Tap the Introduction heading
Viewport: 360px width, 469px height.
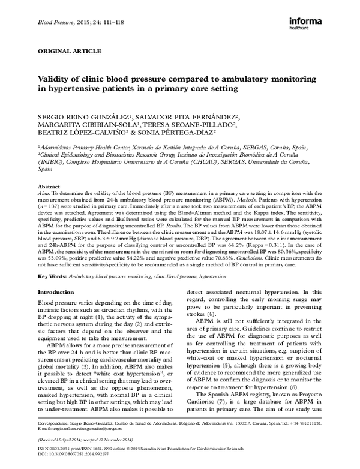pyautogui.click(x=55, y=292)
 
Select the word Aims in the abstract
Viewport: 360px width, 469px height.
pyautogui.click(x=44, y=194)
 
